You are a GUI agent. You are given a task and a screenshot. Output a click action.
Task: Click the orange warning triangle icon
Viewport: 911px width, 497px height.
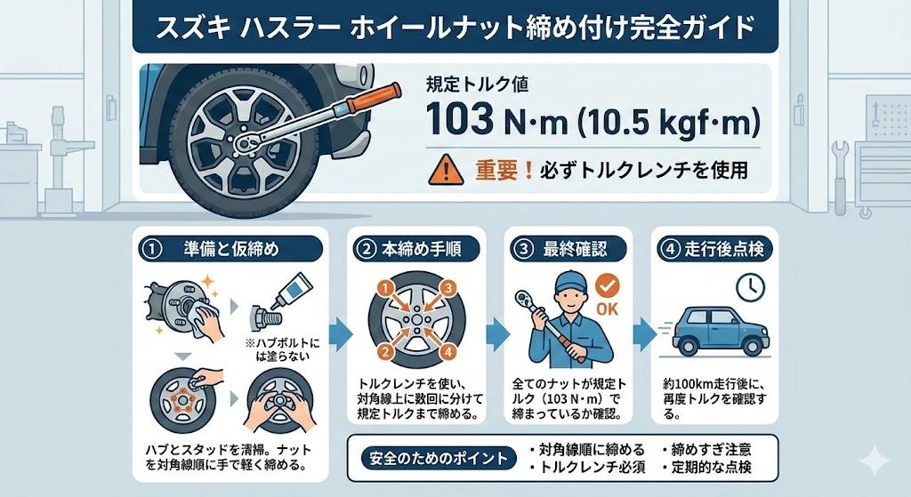446,172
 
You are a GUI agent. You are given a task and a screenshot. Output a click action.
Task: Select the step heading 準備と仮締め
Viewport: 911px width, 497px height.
231,249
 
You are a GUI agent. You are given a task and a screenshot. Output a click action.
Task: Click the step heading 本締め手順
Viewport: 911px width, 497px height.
421,249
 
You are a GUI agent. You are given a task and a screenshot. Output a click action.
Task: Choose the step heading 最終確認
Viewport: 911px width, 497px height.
576,249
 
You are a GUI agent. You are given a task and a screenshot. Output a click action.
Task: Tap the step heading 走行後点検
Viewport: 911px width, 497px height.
724,249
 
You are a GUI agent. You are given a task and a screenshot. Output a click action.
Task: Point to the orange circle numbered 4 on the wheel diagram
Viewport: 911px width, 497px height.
447,352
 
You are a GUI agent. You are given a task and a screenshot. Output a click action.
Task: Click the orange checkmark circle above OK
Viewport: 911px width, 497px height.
608,285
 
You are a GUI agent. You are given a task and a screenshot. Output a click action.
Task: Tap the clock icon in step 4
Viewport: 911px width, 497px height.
749,287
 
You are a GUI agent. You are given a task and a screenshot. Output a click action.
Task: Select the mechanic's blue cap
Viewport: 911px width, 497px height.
570,282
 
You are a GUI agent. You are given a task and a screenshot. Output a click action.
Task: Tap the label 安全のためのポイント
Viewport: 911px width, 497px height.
439,459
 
